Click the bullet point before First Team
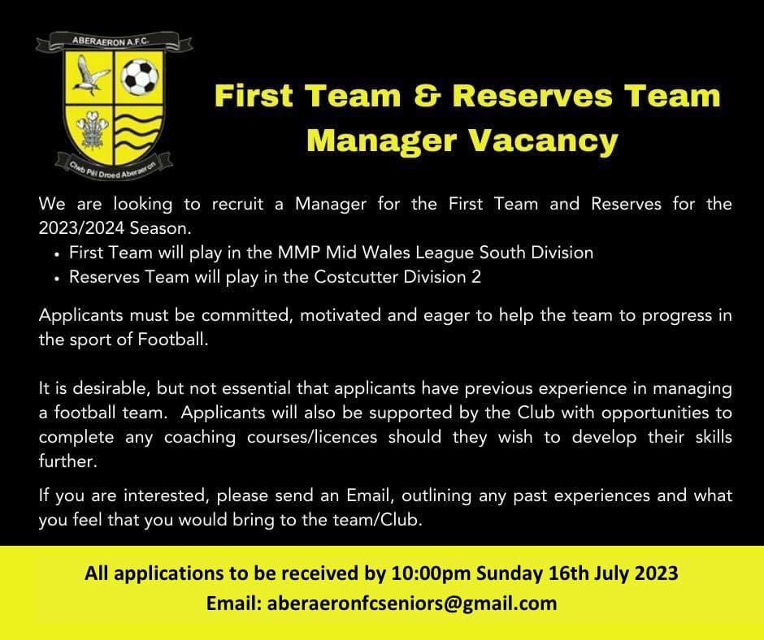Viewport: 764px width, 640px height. point(57,254)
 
